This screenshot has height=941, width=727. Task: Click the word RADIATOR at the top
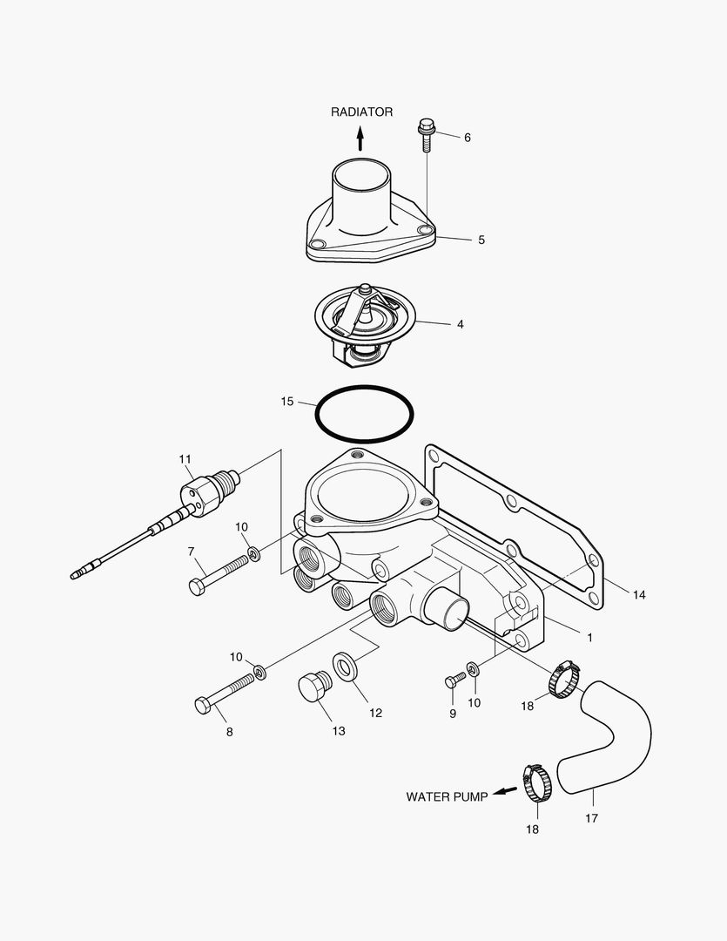click(361, 112)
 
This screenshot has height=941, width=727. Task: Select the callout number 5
click(481, 240)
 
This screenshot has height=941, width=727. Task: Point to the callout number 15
click(287, 402)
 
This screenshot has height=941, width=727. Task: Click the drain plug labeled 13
click(311, 687)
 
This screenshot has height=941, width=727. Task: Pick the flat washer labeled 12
click(348, 667)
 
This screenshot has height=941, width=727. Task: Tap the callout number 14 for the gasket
click(639, 595)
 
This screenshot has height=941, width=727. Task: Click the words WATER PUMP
click(447, 796)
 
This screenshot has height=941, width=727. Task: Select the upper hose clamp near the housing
click(563, 679)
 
